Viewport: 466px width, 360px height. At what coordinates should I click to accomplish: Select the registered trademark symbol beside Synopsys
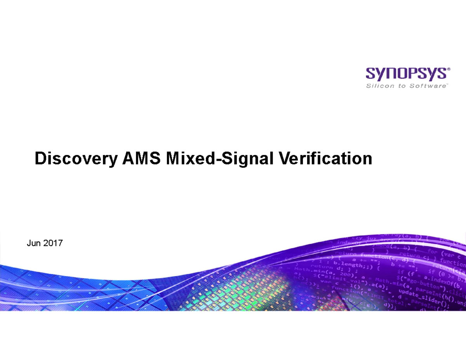coord(449,69)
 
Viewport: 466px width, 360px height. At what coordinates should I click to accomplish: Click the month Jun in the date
coord(33,243)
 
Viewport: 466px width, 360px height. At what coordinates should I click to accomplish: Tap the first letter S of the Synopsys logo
coord(372,74)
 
